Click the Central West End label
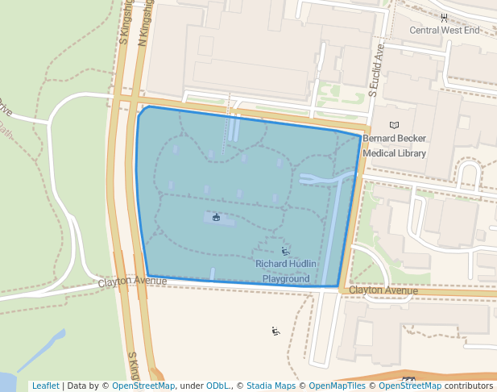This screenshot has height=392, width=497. (444, 31)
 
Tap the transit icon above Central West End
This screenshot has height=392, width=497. (444, 16)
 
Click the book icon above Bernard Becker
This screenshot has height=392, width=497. (394, 125)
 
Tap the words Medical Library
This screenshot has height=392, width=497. (394, 153)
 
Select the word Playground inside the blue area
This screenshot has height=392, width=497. (286, 278)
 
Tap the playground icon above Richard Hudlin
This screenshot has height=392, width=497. (286, 252)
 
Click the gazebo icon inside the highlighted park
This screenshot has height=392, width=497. (216, 217)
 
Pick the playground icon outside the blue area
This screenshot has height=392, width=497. (275, 331)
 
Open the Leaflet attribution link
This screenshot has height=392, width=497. (45, 386)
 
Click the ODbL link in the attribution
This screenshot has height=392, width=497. (219, 386)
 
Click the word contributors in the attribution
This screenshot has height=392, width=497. (469, 386)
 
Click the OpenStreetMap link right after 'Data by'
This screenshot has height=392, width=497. (143, 386)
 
